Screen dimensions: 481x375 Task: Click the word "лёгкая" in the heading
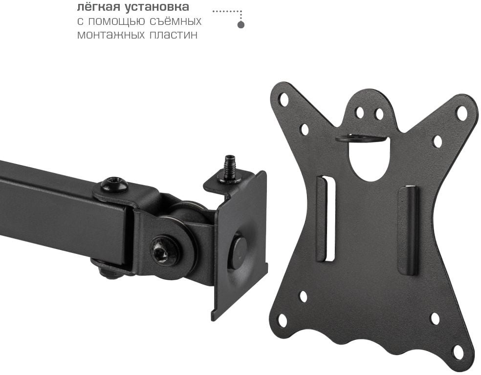98,7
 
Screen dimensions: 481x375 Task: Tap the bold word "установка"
156,7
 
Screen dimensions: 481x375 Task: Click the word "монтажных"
111,35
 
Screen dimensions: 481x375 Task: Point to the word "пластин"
174,35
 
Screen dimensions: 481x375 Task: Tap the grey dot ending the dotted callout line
241,25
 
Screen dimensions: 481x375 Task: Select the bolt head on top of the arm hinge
114,184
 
